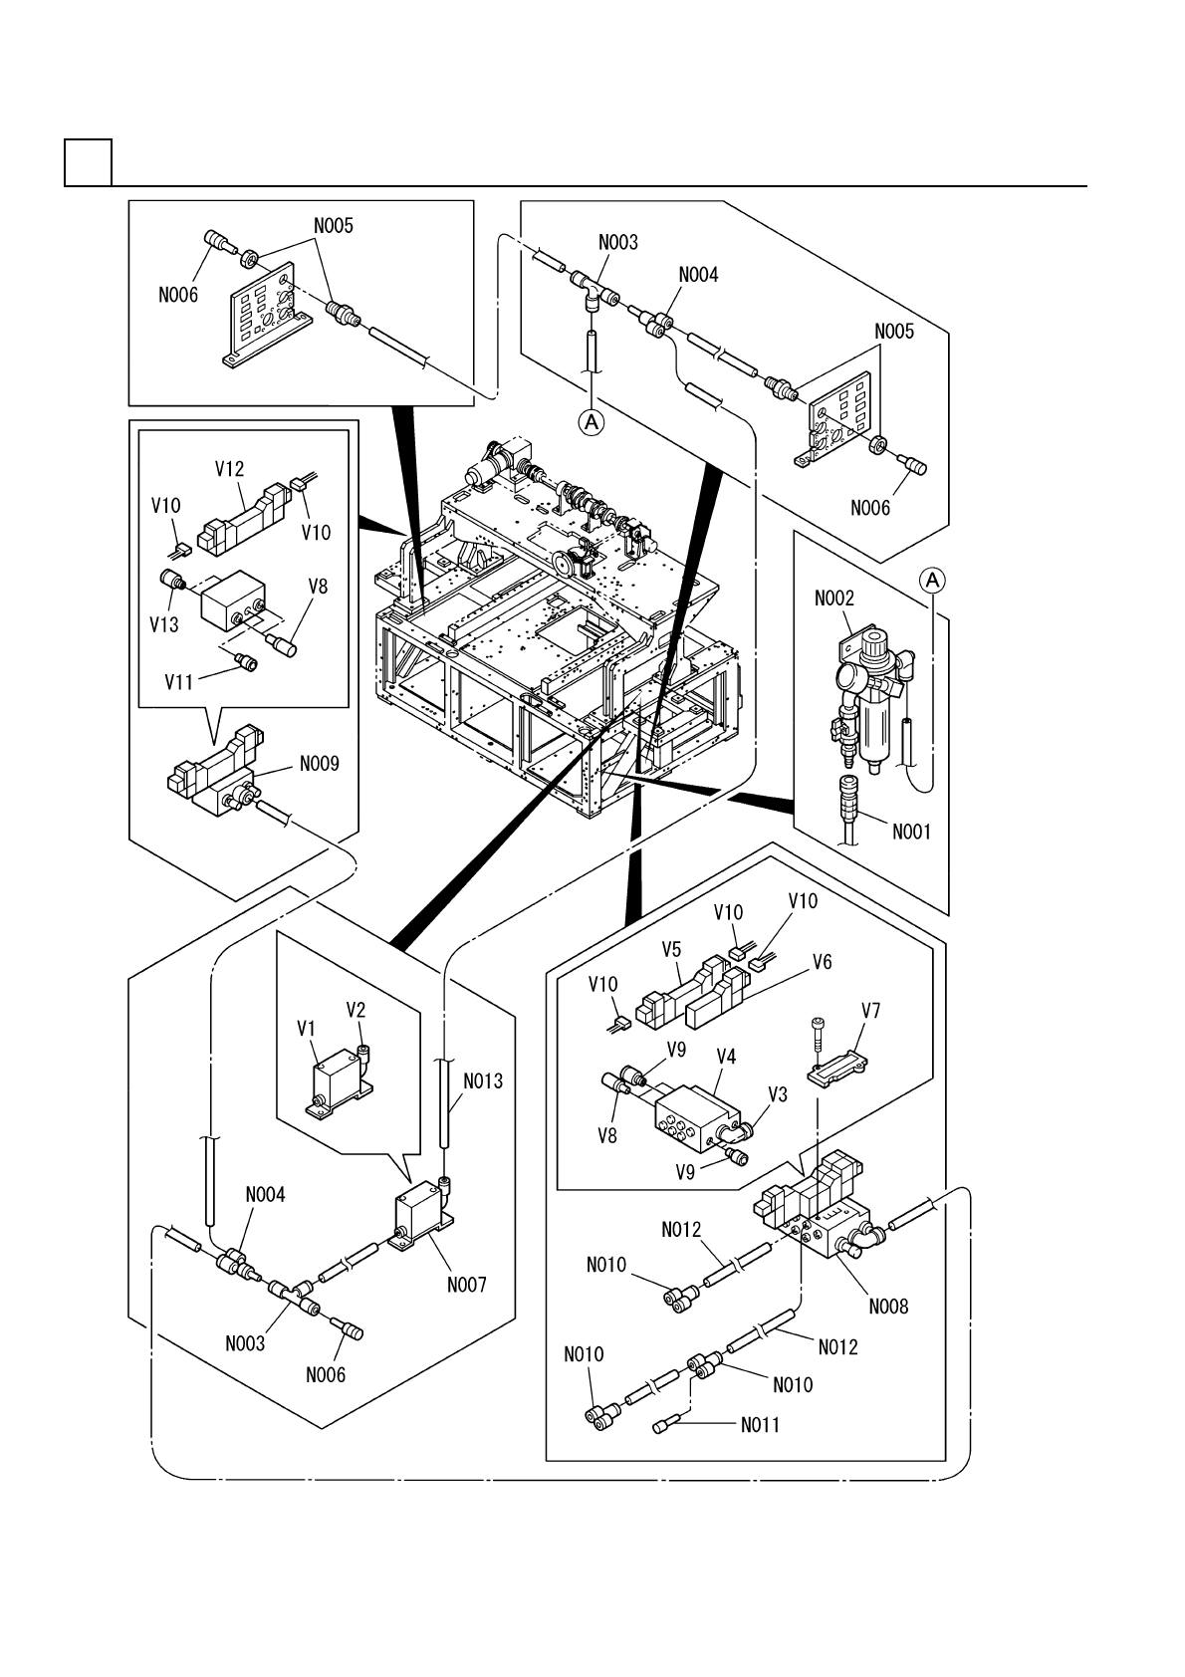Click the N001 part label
tap(911, 832)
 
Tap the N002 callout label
tap(833, 599)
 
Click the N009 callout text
tap(319, 764)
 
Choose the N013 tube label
tap(483, 1081)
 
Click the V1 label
tap(306, 1030)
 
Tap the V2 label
tap(355, 1010)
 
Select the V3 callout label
tap(778, 1094)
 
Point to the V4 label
tap(726, 1057)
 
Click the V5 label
tap(671, 950)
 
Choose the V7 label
tap(870, 1011)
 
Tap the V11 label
tap(179, 682)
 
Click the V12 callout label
tap(229, 469)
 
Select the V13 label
tap(164, 624)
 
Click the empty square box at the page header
tap(89, 162)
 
